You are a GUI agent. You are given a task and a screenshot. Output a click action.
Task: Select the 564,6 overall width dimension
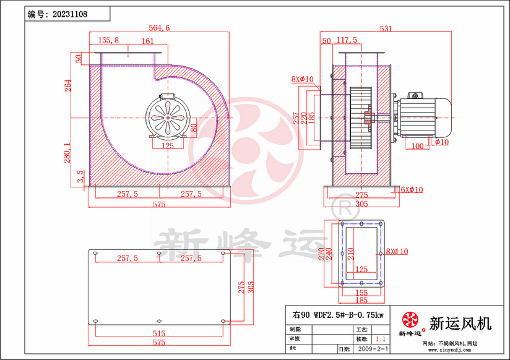[x=160, y=27]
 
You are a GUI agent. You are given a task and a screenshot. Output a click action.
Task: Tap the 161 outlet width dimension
[x=147, y=41]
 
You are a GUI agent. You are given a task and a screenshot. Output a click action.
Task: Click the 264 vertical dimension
[x=68, y=85]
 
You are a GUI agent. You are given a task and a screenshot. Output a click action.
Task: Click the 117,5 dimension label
[x=347, y=40]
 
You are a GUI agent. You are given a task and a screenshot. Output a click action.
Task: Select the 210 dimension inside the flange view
[x=350, y=254]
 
